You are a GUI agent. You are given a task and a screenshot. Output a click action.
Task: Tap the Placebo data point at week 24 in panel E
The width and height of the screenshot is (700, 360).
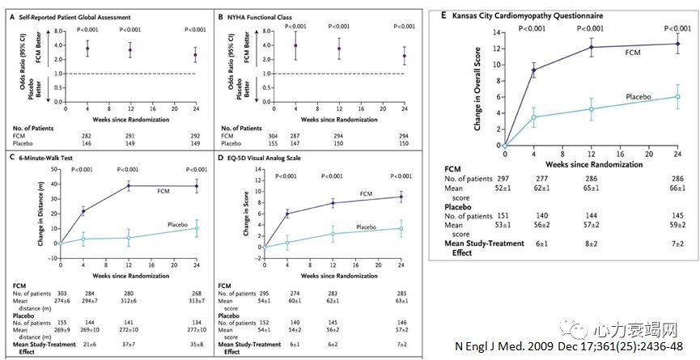click(x=677, y=96)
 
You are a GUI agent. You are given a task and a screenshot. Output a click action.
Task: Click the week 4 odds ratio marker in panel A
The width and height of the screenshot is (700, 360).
click(x=87, y=49)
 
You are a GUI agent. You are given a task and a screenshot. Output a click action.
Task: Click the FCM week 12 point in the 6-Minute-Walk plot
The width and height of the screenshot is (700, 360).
click(x=129, y=186)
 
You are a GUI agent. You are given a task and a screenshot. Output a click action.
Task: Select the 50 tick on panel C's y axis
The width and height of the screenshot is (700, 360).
click(x=50, y=167)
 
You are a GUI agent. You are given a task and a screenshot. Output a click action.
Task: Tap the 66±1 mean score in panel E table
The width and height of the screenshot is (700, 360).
click(x=677, y=188)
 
